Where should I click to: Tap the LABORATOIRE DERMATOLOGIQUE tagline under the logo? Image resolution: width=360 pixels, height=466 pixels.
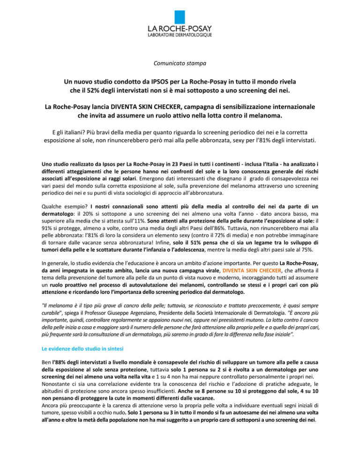tap(180, 35)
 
